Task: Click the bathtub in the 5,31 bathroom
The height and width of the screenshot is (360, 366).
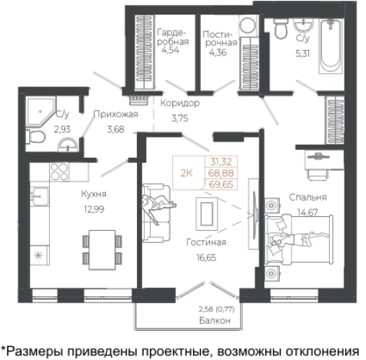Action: click(x=332, y=46)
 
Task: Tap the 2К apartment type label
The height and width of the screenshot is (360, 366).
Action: click(x=185, y=173)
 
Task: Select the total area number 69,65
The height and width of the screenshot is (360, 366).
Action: click(x=220, y=185)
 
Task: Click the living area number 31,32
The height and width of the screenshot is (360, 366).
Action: click(x=220, y=162)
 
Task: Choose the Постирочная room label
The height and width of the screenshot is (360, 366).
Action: click(x=220, y=38)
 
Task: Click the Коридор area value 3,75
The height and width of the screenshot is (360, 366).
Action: click(x=180, y=118)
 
